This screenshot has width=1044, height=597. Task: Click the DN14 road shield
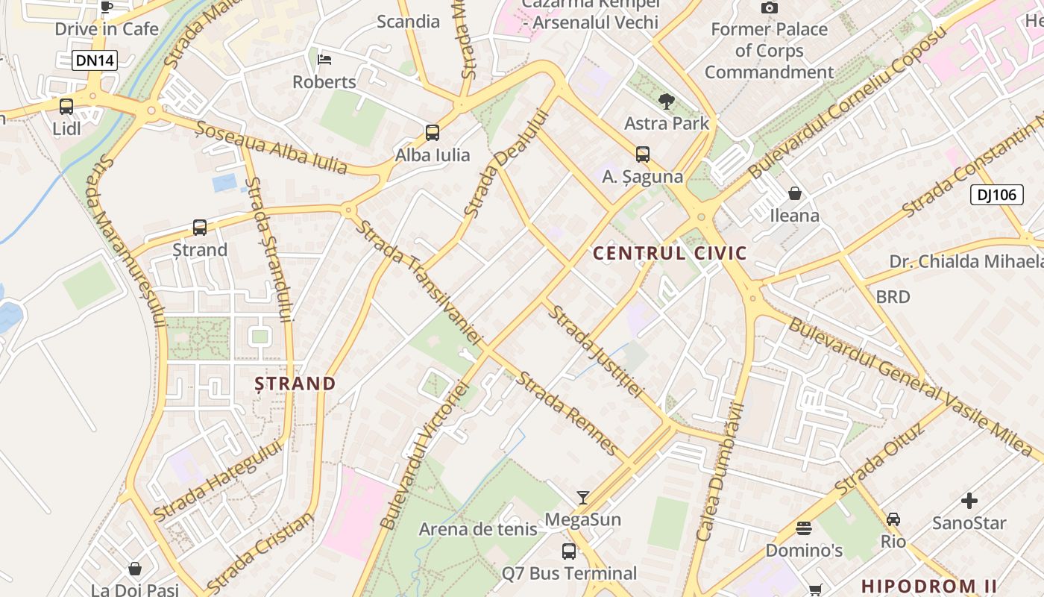click(x=95, y=61)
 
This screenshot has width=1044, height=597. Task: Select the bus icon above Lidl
click(x=66, y=107)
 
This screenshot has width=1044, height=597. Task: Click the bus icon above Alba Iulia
click(x=433, y=133)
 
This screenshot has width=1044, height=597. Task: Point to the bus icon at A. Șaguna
click(x=643, y=154)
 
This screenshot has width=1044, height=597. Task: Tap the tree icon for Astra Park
click(x=667, y=101)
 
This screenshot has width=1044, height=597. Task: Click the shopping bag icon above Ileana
click(x=795, y=193)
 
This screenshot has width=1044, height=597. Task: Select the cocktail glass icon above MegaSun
click(x=583, y=497)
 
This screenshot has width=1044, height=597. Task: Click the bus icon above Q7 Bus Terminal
click(x=569, y=551)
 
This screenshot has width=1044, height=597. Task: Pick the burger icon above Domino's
click(x=804, y=528)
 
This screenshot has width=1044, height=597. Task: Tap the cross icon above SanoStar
click(x=969, y=501)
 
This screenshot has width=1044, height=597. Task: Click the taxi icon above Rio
click(x=893, y=519)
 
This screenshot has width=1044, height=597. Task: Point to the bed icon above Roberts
click(x=324, y=60)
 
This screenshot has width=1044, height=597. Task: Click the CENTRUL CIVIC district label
click(x=670, y=253)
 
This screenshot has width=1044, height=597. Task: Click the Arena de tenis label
click(x=478, y=529)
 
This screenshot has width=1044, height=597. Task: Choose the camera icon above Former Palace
click(x=770, y=7)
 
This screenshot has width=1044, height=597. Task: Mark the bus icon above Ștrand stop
click(x=200, y=227)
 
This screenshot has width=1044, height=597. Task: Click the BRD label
click(x=893, y=297)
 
